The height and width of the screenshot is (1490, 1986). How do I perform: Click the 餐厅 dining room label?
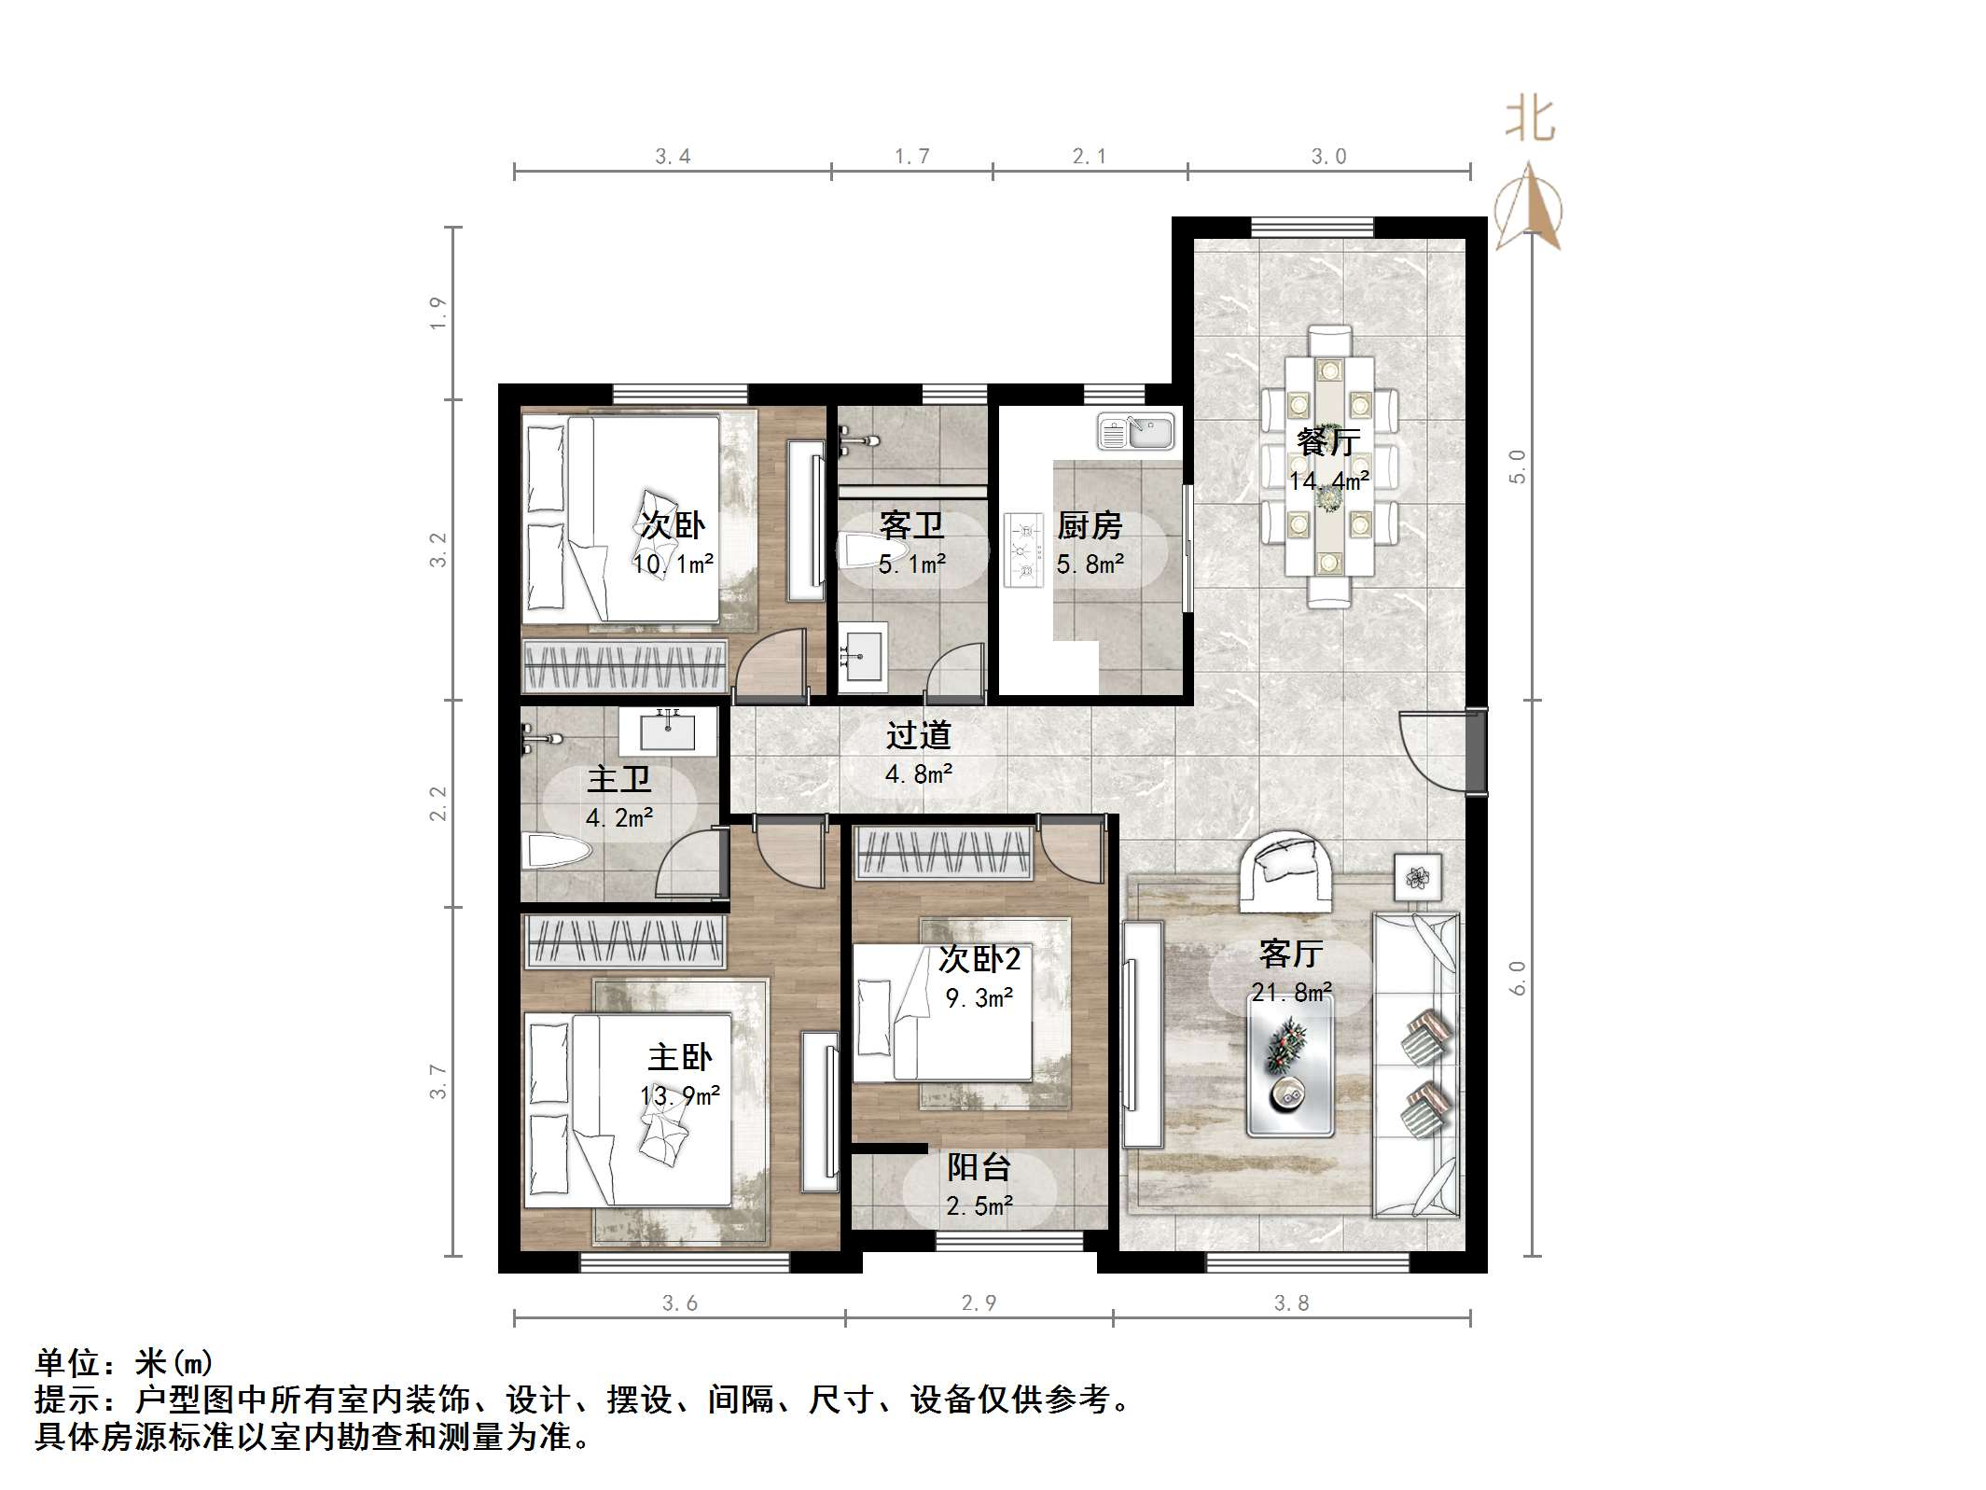click(x=1327, y=441)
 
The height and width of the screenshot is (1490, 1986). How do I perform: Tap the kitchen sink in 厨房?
click(x=1135, y=431)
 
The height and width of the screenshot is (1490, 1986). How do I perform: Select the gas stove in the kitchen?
click(x=1023, y=550)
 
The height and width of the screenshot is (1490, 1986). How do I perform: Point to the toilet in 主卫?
click(x=557, y=851)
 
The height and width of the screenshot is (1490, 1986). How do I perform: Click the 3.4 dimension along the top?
click(x=672, y=157)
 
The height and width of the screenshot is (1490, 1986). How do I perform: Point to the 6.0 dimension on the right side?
click(x=1518, y=977)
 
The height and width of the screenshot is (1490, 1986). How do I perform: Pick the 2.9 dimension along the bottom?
click(x=979, y=1303)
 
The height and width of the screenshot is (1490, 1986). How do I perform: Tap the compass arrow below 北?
click(x=1528, y=207)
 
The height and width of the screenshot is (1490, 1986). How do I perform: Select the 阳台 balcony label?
click(x=979, y=1167)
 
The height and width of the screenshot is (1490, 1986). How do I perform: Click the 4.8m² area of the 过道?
click(x=918, y=774)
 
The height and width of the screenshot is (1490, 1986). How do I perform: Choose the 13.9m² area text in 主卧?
click(x=680, y=1095)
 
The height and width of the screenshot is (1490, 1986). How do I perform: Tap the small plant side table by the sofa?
click(x=1418, y=877)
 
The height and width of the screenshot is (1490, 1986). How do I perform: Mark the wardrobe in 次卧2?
click(x=944, y=853)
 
